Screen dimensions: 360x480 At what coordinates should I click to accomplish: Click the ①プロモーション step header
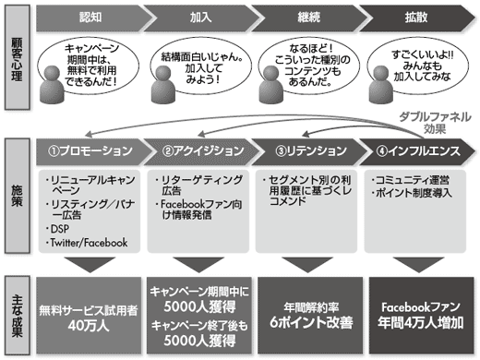click(89, 150)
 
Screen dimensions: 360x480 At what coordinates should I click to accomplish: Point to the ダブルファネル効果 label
click(425, 123)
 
